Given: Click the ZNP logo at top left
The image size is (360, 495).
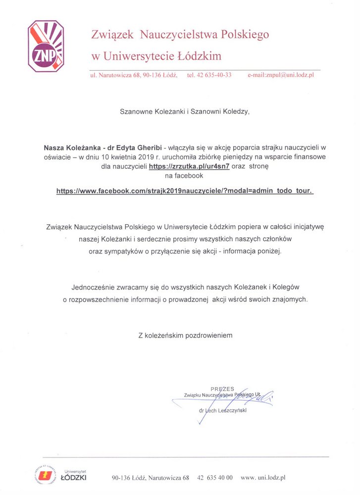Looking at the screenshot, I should tap(46, 47).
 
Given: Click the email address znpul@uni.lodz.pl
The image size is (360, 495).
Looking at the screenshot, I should tap(281, 75).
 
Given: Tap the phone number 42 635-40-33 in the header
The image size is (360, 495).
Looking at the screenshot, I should tap(209, 75).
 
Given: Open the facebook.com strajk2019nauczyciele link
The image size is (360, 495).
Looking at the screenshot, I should tap(185, 191).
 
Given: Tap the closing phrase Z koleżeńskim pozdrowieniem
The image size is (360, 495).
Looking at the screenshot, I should tap(185, 335).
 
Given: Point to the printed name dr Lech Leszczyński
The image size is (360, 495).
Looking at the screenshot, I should tap(222, 410).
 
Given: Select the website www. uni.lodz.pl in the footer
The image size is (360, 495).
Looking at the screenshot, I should tap(262, 478).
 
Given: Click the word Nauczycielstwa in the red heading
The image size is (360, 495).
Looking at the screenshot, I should tap(180, 34).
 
